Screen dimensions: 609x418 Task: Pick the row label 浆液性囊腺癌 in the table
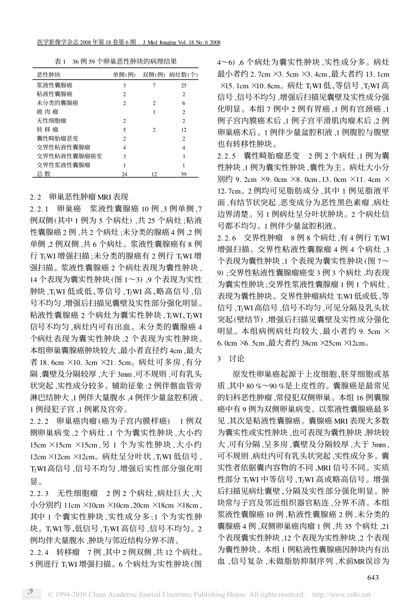55,85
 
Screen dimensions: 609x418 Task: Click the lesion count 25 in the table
183,85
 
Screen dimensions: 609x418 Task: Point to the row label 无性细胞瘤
52,121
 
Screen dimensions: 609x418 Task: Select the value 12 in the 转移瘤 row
183,130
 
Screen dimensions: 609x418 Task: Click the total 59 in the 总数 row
183,174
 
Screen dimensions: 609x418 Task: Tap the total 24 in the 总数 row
125,174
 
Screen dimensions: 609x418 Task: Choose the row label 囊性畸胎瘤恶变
55,138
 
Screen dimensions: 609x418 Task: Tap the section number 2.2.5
227,156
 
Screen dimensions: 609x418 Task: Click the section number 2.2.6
227,238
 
